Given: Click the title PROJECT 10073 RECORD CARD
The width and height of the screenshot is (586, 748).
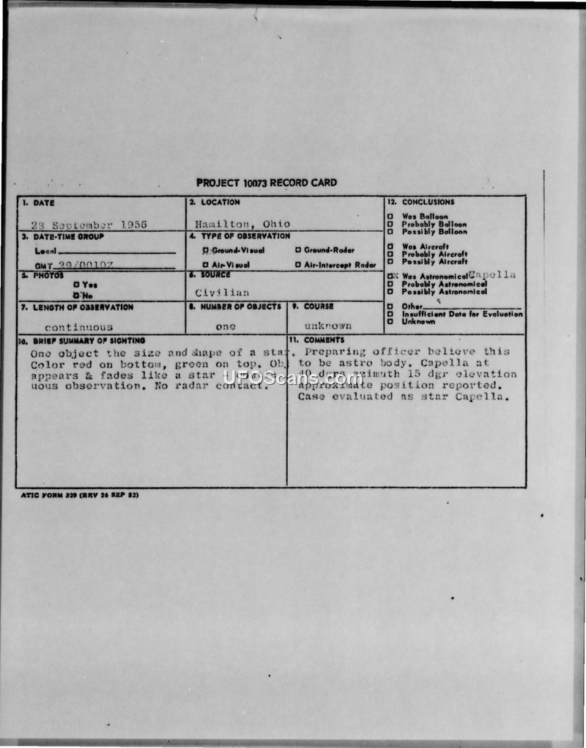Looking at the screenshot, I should tap(267, 183).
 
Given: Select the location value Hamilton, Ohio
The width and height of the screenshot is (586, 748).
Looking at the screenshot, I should tap(242, 224).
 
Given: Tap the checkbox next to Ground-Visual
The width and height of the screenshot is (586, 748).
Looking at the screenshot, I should tap(206, 250).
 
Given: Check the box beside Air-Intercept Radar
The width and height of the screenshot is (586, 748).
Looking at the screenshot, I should tap(298, 265).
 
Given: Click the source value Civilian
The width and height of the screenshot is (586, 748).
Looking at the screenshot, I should tap(222, 292).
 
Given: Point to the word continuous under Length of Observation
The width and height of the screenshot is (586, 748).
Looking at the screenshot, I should tap(78, 327).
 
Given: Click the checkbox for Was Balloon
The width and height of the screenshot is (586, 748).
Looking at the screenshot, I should tap(390, 217).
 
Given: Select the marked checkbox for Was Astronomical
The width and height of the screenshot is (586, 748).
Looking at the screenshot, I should tap(391, 276).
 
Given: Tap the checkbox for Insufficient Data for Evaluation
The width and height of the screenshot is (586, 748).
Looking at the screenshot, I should tap(390, 314).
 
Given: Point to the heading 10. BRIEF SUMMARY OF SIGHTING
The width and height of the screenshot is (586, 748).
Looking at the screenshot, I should tap(82, 340).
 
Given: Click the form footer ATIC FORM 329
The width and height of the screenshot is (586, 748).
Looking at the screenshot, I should tap(80, 495).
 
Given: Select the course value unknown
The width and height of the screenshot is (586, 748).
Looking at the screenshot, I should tap(328, 325).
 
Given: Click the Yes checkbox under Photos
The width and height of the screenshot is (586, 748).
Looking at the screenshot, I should tap(76, 285).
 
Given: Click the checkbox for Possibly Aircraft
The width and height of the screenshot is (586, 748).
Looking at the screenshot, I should tap(390, 262).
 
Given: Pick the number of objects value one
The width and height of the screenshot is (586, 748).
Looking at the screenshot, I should tap(226, 326).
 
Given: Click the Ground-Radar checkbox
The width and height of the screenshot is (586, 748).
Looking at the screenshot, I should tap(298, 250).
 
